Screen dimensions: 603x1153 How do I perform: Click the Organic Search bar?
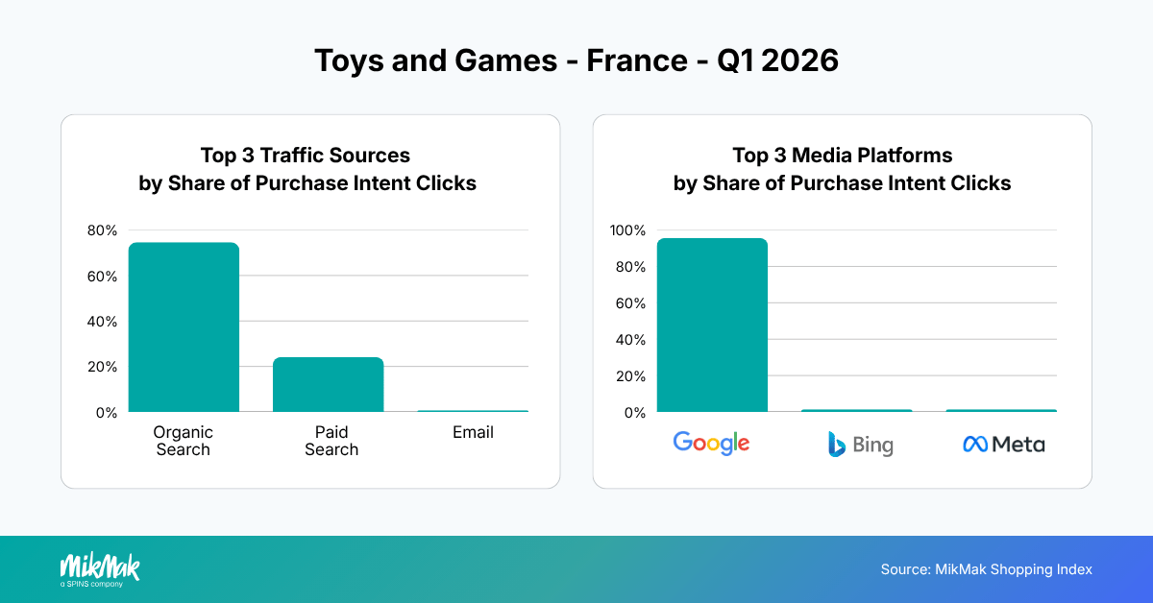coord(184,327)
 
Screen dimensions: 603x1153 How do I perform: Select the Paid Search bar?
coord(328,384)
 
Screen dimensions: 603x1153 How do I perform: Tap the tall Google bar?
coord(712,326)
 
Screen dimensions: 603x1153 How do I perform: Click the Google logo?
coord(711,443)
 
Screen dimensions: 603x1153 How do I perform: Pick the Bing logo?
coord(860,445)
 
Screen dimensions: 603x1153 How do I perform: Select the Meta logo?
coord(1003,445)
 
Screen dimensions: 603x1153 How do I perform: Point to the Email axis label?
coord(473,433)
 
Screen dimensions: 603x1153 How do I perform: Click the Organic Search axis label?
coord(183,441)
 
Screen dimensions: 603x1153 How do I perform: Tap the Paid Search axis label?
coord(331,441)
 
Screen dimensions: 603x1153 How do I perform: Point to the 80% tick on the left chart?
coord(102,230)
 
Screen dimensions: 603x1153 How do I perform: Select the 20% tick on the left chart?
coord(102,367)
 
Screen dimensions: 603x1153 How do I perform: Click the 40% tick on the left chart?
coord(102,322)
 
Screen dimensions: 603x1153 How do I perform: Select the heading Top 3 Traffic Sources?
coord(306,156)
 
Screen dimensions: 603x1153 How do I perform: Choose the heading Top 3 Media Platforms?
coord(842,156)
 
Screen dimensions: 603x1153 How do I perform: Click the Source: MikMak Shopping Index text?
coord(986,569)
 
